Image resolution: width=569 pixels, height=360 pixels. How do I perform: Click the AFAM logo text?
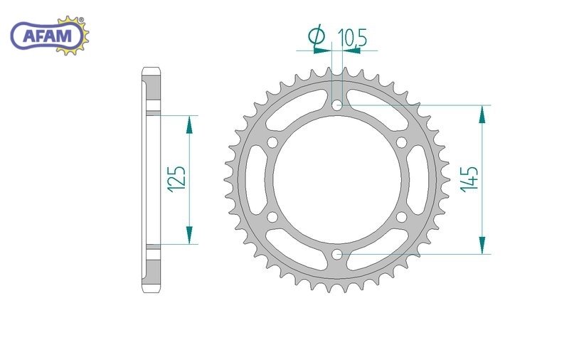pyautogui.click(x=47, y=36)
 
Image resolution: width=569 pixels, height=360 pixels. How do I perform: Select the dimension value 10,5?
pyautogui.click(x=352, y=38)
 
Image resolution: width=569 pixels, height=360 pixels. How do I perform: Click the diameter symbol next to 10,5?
pyautogui.click(x=317, y=35)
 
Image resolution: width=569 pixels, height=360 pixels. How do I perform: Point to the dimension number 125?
pyautogui.click(x=176, y=179)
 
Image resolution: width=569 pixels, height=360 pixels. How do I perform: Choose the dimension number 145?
pyautogui.click(x=469, y=179)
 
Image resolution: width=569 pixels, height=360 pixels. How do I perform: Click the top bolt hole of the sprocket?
pyautogui.click(x=337, y=105)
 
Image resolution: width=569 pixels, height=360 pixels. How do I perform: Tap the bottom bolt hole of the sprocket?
pyautogui.click(x=337, y=254)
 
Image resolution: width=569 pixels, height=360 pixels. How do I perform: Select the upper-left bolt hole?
pyautogui.click(x=272, y=142)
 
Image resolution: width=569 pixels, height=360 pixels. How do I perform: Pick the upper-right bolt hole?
pyautogui.click(x=401, y=142)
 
